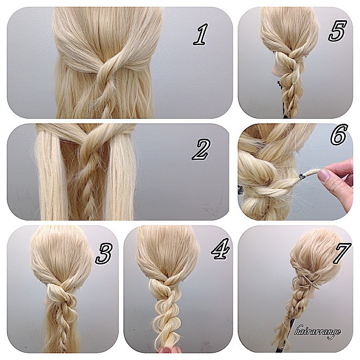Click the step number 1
(201, 34)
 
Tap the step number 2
(200, 149)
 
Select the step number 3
(104, 254)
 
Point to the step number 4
(220, 249)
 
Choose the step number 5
(337, 31)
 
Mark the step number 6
(339, 135)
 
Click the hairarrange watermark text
(318, 331)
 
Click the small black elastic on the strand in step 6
(301, 176)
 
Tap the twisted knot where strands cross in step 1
(105, 69)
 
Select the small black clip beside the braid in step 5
(279, 84)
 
